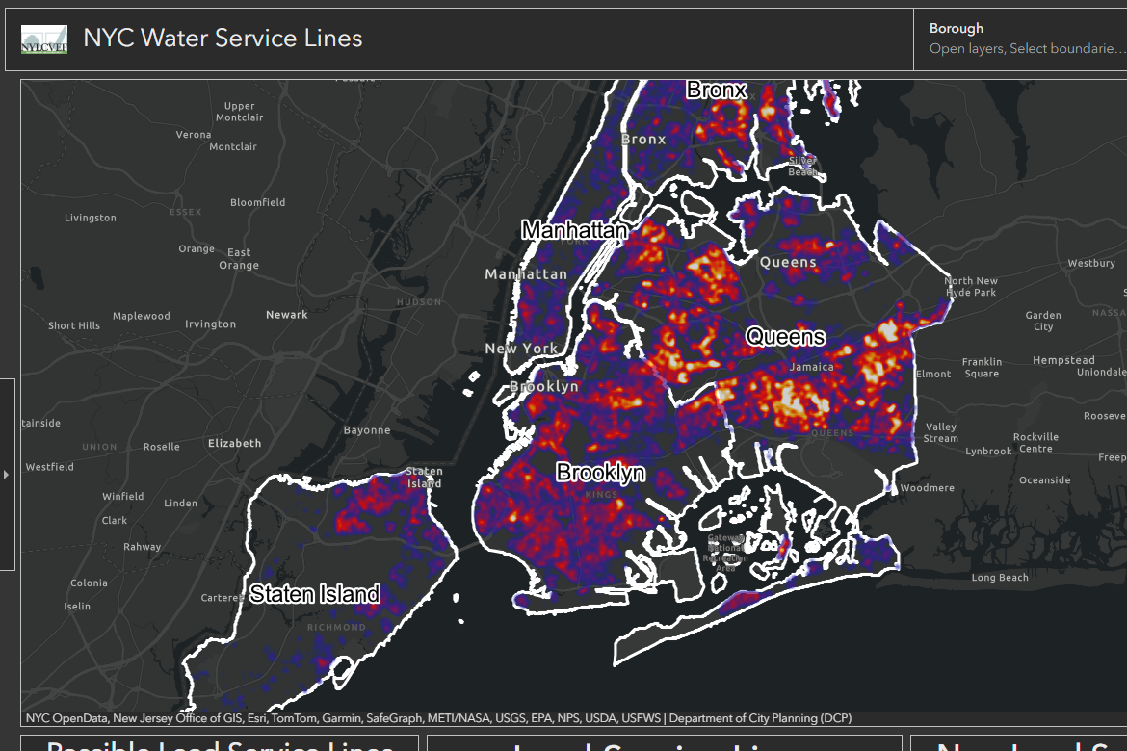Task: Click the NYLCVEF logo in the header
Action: click(x=44, y=39)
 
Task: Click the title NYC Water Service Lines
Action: click(x=223, y=39)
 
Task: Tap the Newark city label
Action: click(x=287, y=315)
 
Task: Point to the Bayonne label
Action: click(x=367, y=430)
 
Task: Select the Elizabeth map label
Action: click(x=234, y=444)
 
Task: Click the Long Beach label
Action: click(x=1000, y=578)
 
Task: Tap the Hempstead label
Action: click(x=1063, y=360)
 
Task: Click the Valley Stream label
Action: click(x=941, y=432)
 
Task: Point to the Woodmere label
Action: click(x=928, y=488)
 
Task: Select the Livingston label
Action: click(x=91, y=219)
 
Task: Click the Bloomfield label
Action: click(x=258, y=203)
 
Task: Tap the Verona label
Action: click(x=194, y=135)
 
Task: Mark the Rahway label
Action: click(x=143, y=547)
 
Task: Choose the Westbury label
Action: click(x=1091, y=264)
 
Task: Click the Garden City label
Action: click(x=1043, y=321)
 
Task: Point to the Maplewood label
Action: click(x=142, y=316)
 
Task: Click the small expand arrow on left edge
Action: click(x=7, y=474)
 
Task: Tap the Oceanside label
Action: click(x=1045, y=480)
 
